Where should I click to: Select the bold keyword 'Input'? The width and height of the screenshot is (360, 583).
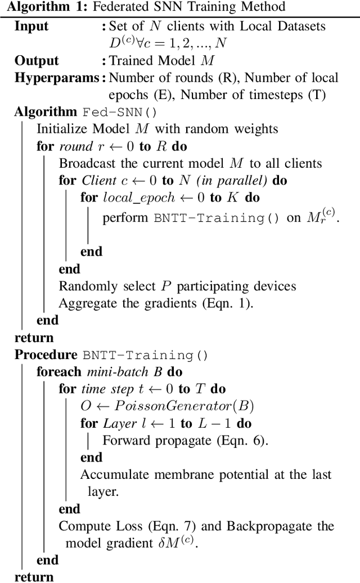click(31, 26)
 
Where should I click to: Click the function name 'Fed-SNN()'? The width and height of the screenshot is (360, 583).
click(120, 111)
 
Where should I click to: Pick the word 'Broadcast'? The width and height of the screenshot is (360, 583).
click(85, 163)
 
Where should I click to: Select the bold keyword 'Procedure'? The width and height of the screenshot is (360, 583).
click(45, 355)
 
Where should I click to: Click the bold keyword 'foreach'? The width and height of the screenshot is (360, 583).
click(54, 372)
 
